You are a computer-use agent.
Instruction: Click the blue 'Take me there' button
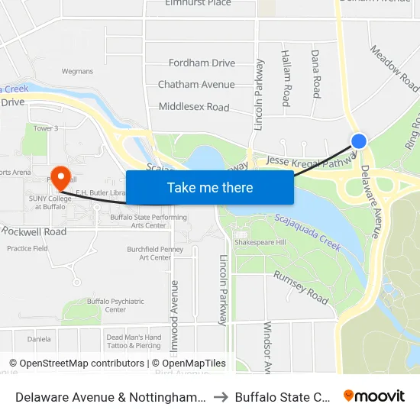point(210,187)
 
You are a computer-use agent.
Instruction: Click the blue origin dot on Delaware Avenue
point(359,141)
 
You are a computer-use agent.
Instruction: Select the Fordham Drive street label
point(202,63)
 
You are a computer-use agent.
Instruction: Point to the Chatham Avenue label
point(196,85)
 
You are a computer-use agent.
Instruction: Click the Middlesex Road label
point(194,107)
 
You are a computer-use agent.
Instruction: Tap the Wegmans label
point(77,72)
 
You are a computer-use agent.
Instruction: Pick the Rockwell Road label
point(34,231)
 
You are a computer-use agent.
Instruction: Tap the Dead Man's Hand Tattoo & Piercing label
point(134,341)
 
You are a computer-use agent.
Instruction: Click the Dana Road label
point(315,73)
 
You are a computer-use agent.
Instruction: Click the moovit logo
point(374,396)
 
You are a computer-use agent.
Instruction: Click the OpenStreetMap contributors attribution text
point(76,363)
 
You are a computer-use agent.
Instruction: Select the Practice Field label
point(27,248)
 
